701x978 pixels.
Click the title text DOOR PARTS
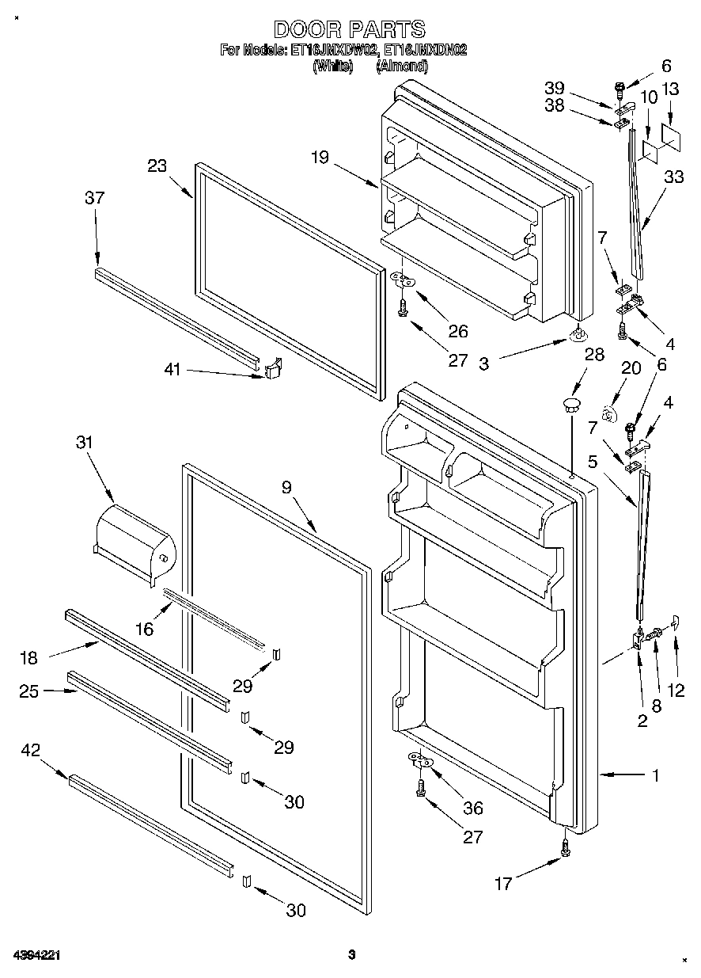click(x=350, y=30)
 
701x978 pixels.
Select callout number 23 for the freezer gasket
click(x=158, y=166)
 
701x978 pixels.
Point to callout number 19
click(x=320, y=158)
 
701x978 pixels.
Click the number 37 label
click(x=94, y=198)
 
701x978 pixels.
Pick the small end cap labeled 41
click(x=272, y=369)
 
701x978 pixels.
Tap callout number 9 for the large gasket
click(x=286, y=488)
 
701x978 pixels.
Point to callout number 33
click(x=674, y=178)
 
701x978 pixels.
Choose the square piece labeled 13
click(x=672, y=136)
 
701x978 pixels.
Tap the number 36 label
click(x=473, y=809)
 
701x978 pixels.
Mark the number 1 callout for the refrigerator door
click(x=655, y=775)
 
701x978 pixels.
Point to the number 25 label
click(x=29, y=691)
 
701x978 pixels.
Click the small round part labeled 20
click(x=607, y=413)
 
